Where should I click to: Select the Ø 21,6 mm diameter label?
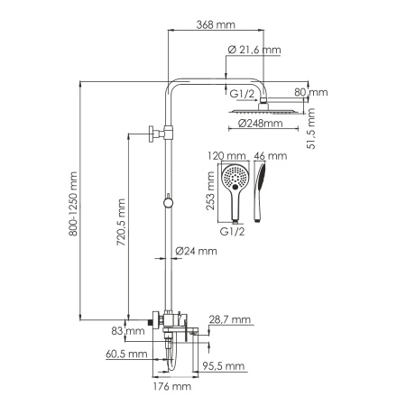click(x=255, y=51)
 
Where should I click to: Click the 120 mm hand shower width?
click(x=226, y=156)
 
